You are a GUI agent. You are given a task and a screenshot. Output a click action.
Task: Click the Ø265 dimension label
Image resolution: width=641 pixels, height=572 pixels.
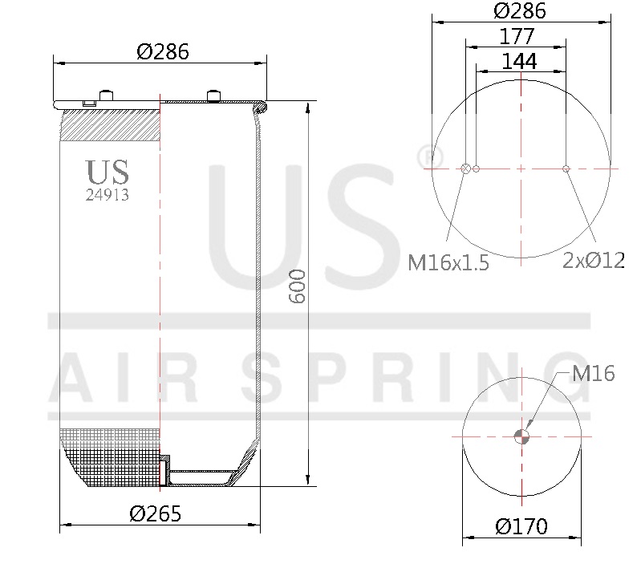(x=155, y=513)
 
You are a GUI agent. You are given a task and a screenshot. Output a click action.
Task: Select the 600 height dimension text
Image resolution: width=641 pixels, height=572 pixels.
(x=297, y=286)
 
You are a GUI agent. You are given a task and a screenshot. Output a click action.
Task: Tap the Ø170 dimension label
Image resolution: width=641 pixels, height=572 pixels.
(x=521, y=526)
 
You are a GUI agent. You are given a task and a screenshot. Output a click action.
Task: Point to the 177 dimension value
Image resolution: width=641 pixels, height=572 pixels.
(x=517, y=36)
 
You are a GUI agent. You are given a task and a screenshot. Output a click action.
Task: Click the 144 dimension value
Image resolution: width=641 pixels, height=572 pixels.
(x=519, y=61)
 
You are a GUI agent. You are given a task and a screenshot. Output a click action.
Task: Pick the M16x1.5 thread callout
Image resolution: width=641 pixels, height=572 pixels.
(x=448, y=262)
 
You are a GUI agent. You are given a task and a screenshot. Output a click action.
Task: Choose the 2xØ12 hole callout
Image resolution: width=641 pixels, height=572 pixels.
(x=594, y=261)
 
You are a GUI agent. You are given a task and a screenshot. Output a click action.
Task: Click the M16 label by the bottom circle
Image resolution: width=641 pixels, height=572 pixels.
(x=593, y=373)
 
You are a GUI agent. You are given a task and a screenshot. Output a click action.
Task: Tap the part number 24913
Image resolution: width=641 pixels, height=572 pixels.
(x=108, y=195)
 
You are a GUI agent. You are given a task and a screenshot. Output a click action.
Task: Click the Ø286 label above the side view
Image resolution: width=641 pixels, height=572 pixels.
(x=163, y=52)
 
